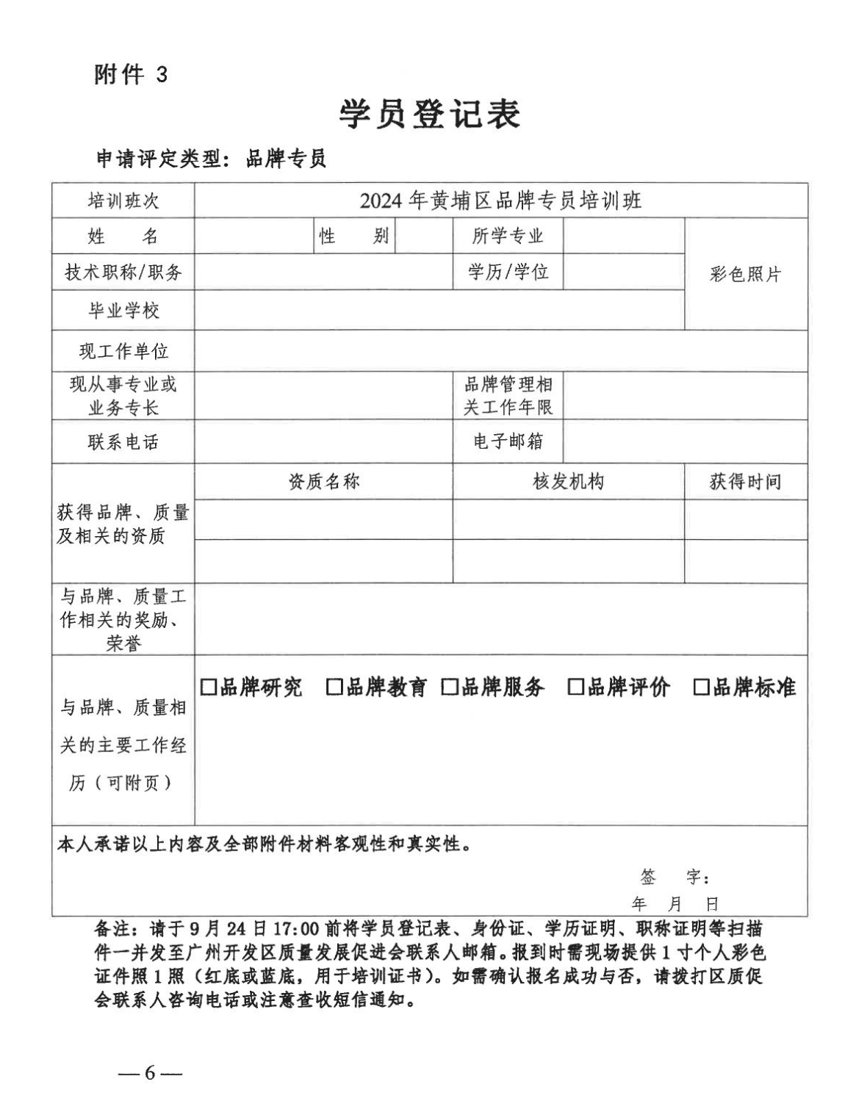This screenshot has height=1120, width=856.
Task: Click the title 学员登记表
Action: pyautogui.click(x=429, y=114)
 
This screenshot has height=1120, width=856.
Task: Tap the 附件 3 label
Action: pyautogui.click(x=131, y=74)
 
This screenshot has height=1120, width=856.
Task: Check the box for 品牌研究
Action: pyautogui.click(x=209, y=687)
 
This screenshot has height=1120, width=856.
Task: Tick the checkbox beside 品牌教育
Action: pyautogui.click(x=334, y=687)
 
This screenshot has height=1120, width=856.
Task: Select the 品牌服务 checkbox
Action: pyautogui.click(x=450, y=687)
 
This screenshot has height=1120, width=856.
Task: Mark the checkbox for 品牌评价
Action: pyautogui.click(x=576, y=687)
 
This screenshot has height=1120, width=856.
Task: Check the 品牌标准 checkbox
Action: pyautogui.click(x=702, y=687)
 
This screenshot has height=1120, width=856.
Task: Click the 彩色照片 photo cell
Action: pyautogui.click(x=745, y=275)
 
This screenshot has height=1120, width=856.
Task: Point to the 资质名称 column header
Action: pyautogui.click(x=323, y=482)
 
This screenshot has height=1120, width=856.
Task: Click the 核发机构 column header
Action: pyautogui.click(x=568, y=482)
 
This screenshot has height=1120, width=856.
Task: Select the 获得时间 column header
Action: pyautogui.click(x=745, y=483)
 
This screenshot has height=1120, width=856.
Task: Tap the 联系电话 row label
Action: pyautogui.click(x=123, y=442)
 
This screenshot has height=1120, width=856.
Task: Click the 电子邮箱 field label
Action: pyautogui.click(x=508, y=441)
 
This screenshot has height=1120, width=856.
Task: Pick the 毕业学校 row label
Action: pyautogui.click(x=123, y=311)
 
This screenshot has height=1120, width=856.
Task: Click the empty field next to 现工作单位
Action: pyautogui.click(x=500, y=351)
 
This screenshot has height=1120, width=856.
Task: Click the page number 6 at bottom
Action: pyautogui.click(x=150, y=1073)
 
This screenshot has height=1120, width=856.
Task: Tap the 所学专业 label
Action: pyautogui.click(x=508, y=236)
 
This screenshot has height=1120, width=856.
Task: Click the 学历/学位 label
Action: pyautogui.click(x=508, y=272)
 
